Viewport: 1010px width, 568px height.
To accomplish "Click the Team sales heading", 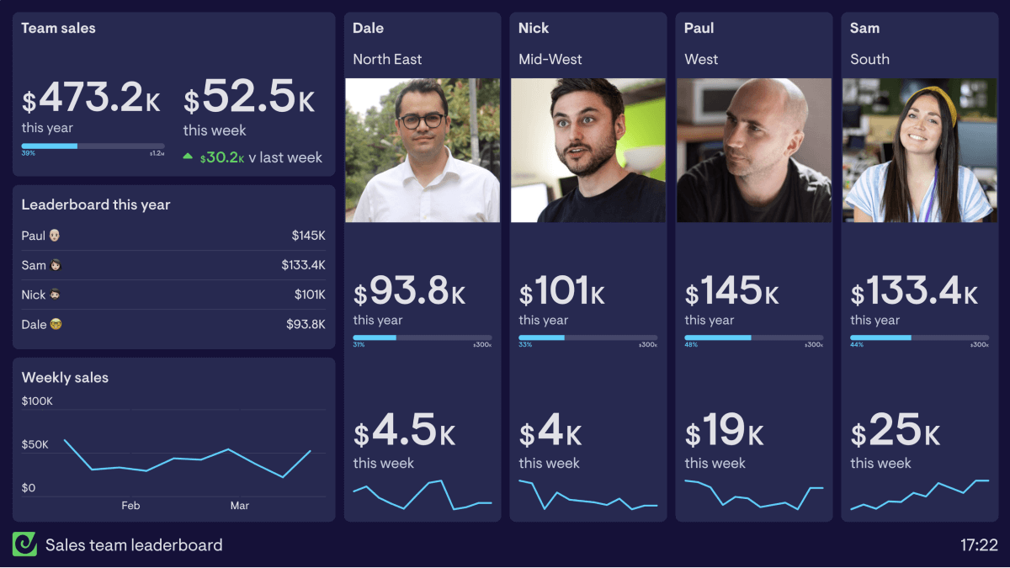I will [x=58, y=29].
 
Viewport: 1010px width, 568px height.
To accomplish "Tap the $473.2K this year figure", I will [x=91, y=99].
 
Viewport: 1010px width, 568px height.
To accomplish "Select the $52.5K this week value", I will [x=249, y=99].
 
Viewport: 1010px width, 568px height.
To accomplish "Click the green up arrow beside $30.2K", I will [x=189, y=157].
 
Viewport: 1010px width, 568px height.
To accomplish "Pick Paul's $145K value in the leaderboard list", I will [x=308, y=236].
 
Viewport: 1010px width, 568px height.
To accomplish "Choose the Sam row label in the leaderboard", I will [x=34, y=265].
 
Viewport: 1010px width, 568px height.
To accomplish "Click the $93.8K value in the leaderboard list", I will [x=306, y=324].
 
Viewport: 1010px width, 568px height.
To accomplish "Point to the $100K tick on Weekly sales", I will [x=37, y=401].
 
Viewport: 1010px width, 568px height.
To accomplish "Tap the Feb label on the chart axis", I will [x=130, y=506].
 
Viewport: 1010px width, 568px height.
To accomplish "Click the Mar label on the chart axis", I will [x=240, y=506].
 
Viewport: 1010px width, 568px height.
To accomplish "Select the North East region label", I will [x=387, y=60].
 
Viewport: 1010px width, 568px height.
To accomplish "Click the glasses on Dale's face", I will [x=422, y=120].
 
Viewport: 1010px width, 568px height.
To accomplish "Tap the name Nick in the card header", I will [x=534, y=29].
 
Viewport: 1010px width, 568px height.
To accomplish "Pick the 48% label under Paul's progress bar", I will [x=690, y=345].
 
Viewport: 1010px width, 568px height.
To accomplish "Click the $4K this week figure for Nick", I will [x=550, y=432].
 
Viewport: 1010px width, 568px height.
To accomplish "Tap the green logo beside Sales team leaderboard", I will [x=24, y=544].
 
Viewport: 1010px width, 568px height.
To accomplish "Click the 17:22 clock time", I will [x=979, y=545].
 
